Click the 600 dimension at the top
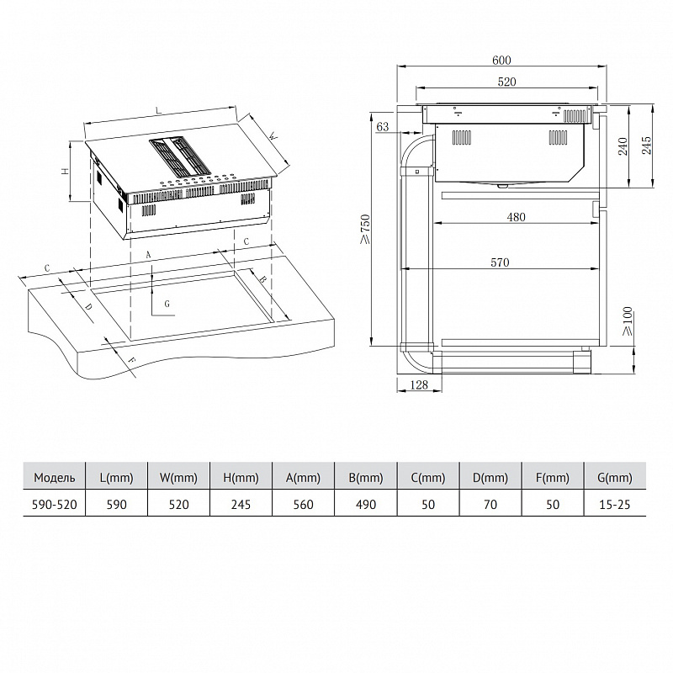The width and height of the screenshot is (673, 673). tap(501, 60)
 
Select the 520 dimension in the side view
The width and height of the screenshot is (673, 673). tap(506, 82)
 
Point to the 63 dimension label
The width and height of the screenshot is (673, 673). tap(384, 127)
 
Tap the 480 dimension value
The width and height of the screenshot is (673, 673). tap(516, 217)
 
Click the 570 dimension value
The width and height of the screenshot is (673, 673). tap(500, 262)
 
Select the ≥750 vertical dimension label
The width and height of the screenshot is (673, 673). tap(365, 229)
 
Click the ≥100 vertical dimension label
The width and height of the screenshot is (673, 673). tap(627, 323)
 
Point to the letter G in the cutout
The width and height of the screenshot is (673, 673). tap(167, 303)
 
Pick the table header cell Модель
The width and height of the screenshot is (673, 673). tap(55, 478)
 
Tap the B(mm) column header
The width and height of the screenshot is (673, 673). tap(366, 478)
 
